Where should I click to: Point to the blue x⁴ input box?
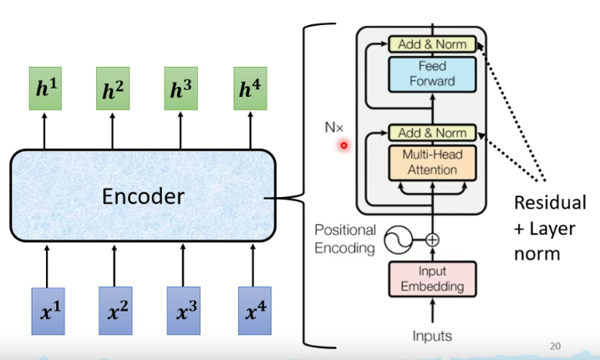point(252,310)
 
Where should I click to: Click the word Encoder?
point(142,197)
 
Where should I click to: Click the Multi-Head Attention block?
point(432,162)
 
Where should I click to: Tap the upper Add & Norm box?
point(432,43)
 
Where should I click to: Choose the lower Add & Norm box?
point(432,133)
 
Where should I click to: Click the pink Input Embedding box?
point(432,278)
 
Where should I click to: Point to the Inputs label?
point(431,336)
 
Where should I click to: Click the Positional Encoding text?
point(345,238)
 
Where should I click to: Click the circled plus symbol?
point(432,240)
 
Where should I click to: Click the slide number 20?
point(556,345)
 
